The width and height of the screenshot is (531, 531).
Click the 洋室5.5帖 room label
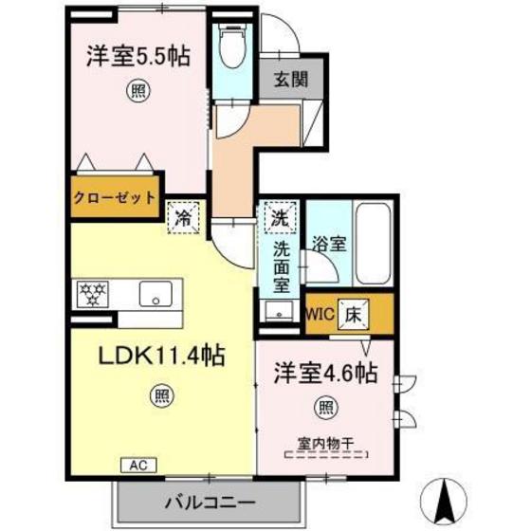point(138,56)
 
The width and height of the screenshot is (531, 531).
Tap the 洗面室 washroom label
point(282,265)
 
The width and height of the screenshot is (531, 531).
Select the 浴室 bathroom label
point(330,243)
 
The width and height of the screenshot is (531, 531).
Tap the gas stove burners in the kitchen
point(92,293)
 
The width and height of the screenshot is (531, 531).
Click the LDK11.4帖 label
point(163,357)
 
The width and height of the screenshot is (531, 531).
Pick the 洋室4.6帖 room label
point(326,373)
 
